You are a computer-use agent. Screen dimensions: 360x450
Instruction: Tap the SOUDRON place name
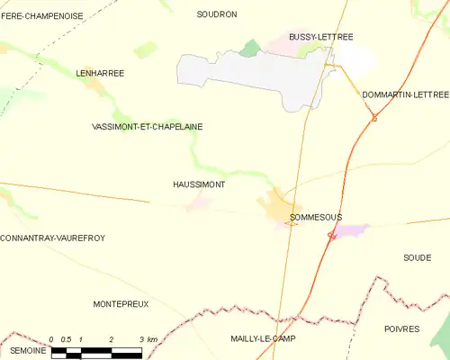[217, 14]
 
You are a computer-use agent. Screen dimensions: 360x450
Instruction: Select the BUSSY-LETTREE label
[321, 37]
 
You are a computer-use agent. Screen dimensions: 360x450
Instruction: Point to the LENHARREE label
[99, 72]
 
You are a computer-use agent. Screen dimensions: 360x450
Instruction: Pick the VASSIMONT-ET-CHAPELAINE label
[148, 127]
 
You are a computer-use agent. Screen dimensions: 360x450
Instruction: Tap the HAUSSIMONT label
[198, 184]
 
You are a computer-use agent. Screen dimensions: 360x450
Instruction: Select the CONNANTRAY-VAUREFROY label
[53, 238]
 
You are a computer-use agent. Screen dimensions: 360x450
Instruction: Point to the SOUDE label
[417, 257]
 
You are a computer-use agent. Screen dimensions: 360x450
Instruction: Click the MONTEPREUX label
[121, 305]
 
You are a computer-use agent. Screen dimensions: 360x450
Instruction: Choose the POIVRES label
[402, 330]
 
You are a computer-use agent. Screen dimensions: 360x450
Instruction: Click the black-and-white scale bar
[96, 351]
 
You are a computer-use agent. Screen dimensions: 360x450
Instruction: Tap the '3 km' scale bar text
[148, 339]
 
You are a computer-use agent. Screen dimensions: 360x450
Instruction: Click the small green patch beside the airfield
[250, 47]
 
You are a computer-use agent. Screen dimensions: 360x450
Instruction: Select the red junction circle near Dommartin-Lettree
[374, 118]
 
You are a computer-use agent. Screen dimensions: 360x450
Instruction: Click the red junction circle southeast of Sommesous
[331, 236]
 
